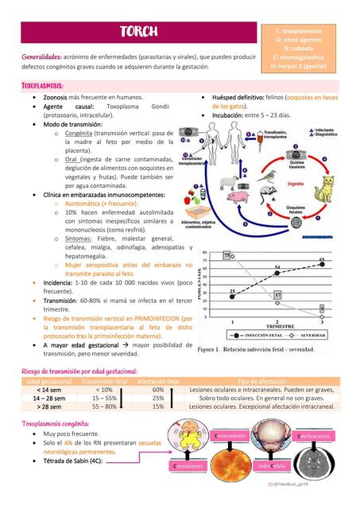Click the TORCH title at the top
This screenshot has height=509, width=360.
click(x=139, y=32)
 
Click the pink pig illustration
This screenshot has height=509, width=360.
click(x=237, y=196)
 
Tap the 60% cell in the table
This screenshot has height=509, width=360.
click(x=158, y=390)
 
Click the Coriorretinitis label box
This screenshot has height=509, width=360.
click(x=230, y=436)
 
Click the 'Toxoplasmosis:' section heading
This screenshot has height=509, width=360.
click(x=43, y=84)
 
